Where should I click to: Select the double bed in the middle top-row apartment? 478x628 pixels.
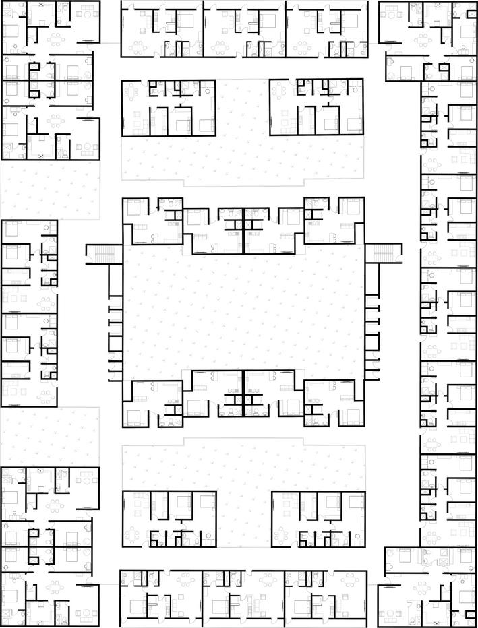tap(268, 20)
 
